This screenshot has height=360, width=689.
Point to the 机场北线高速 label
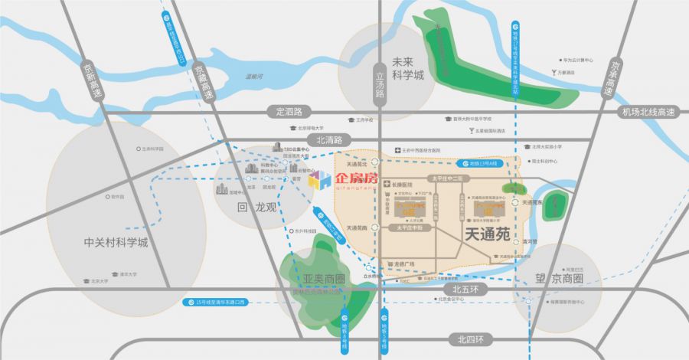(648, 112)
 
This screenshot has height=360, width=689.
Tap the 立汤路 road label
(379, 84)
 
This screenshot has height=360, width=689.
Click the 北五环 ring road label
(465, 290)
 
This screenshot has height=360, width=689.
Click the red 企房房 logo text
(357, 179)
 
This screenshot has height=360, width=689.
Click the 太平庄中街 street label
(414, 227)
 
